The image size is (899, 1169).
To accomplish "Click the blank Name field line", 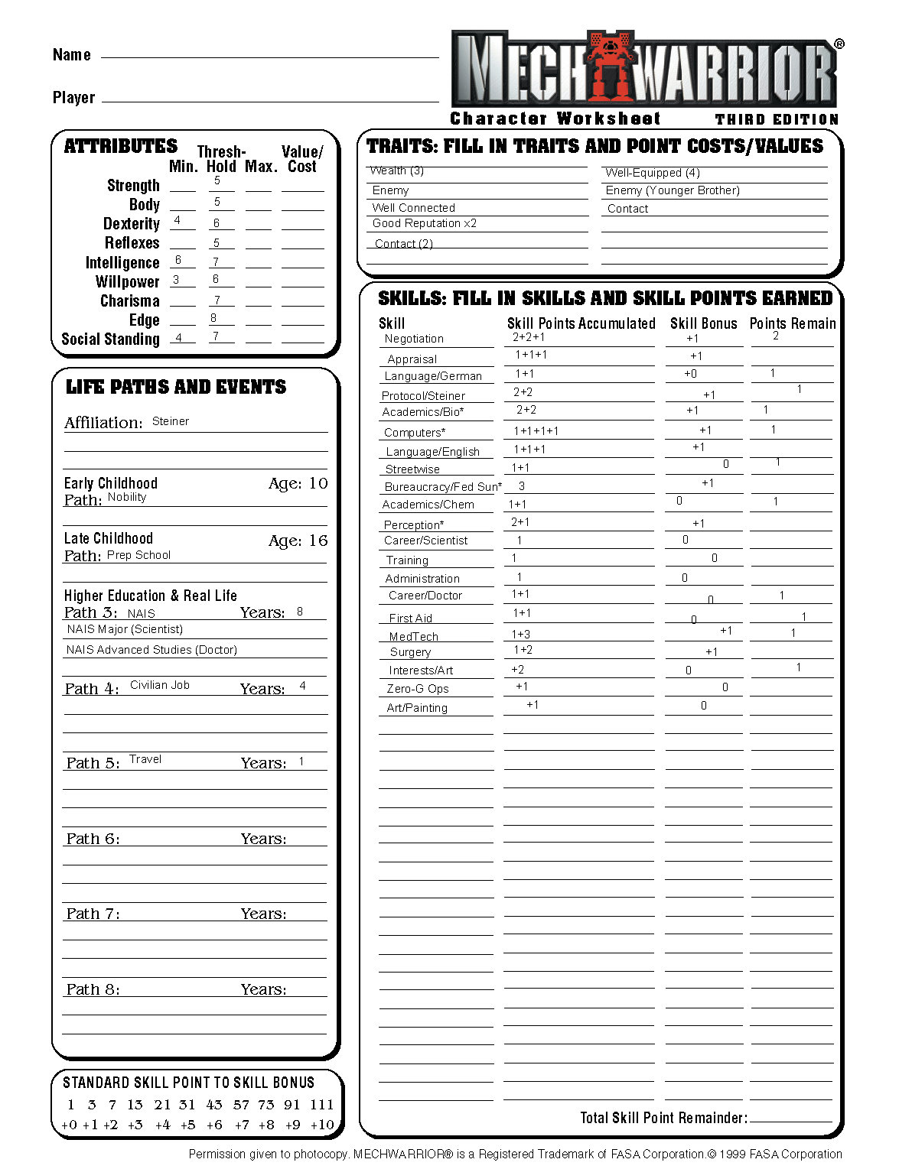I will tap(269, 55).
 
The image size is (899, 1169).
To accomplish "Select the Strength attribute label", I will tap(133, 186).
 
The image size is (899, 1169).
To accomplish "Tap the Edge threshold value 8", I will tap(213, 318).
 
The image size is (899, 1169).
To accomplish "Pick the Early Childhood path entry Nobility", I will tap(127, 497).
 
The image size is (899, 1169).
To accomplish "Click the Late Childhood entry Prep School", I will tap(138, 555).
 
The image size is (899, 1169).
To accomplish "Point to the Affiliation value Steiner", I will tap(171, 421).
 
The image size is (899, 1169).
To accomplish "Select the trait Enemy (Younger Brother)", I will tap(673, 190).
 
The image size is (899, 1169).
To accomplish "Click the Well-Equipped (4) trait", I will tap(653, 173).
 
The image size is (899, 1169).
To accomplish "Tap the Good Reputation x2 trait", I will tap(425, 223).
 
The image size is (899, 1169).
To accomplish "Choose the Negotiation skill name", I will tap(414, 339).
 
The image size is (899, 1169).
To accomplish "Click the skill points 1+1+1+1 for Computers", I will tap(536, 431).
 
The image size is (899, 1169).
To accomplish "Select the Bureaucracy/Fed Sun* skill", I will tap(443, 487).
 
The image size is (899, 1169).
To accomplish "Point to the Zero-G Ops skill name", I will tap(418, 689).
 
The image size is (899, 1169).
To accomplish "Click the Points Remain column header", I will tap(792, 323).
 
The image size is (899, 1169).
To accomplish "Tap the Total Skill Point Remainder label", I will tap(663, 1118).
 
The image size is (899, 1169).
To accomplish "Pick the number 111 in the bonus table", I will tap(321, 1105).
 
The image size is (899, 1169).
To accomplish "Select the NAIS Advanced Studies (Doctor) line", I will tap(151, 650).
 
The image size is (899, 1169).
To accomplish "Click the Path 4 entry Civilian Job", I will tap(160, 685).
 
